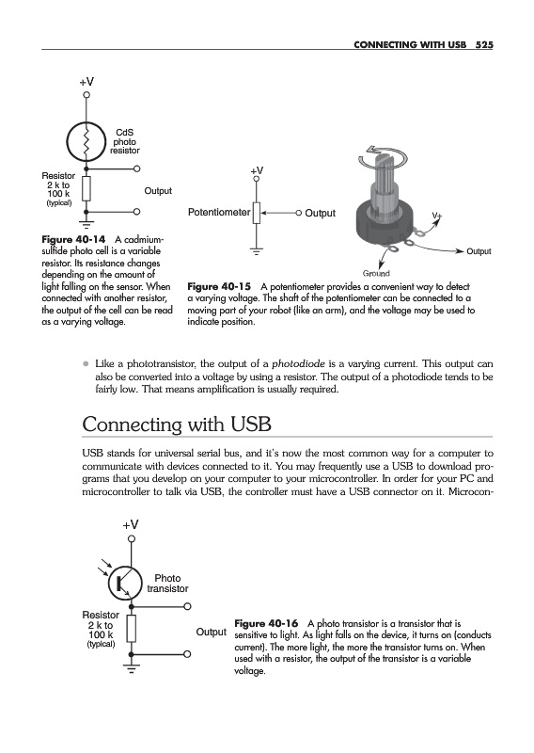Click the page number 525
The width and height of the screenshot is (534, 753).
pos(484,44)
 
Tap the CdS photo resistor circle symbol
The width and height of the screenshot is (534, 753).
pos(86,141)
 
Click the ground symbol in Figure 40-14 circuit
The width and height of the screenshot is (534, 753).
pos(86,223)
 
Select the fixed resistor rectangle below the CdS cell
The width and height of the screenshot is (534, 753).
pos(86,188)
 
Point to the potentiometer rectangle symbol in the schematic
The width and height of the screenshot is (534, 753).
pos(257,213)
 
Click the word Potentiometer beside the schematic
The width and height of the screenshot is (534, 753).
pos(219,213)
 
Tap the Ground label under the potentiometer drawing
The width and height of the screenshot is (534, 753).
pos(376,274)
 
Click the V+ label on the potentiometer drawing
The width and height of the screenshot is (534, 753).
pos(436,216)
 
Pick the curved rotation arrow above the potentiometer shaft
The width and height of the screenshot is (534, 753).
pos(385,156)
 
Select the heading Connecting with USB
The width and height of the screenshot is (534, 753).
pos(177,425)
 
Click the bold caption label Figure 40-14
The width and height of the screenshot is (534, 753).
pos(73,239)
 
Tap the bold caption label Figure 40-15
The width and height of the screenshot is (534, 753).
pos(219,287)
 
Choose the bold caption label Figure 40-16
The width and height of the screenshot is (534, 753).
pos(266,623)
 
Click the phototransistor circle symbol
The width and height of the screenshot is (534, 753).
pos(126,583)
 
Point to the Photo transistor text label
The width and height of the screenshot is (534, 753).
pos(167,583)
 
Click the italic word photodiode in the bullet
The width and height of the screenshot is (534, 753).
pos(298,363)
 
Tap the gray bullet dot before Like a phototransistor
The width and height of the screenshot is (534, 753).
pos(86,364)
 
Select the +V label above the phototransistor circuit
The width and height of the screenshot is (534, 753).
pos(131,524)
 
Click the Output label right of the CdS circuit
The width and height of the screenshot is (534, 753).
pos(158,191)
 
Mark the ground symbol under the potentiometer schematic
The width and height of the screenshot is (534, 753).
pos(257,251)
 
